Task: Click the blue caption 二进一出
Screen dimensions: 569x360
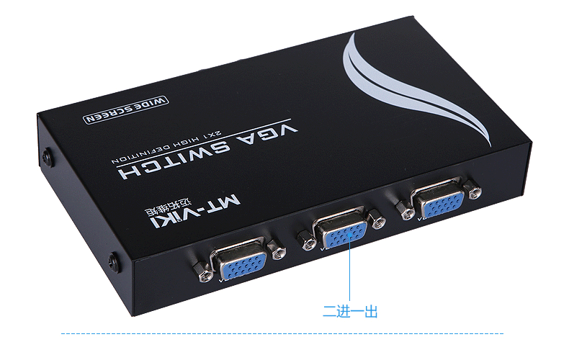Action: click(x=349, y=311)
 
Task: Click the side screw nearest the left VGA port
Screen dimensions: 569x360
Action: click(x=113, y=260)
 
